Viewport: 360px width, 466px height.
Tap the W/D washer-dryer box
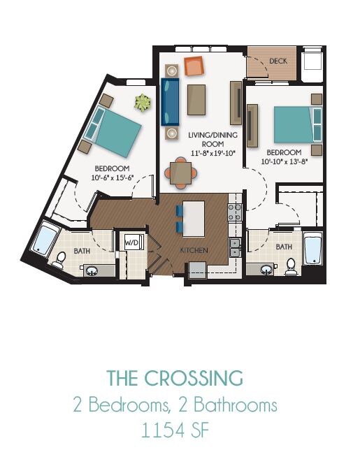(x=133, y=242)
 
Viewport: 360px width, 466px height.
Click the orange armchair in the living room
(x=194, y=66)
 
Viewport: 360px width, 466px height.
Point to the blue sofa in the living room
(x=170, y=101)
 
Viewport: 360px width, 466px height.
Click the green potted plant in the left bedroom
(x=143, y=103)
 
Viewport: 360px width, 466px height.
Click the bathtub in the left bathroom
(x=46, y=240)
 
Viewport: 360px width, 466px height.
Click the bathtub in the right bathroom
(x=312, y=249)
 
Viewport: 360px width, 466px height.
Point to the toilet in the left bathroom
(x=59, y=260)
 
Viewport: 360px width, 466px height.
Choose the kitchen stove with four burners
(x=234, y=212)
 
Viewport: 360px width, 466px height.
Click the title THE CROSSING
(x=175, y=379)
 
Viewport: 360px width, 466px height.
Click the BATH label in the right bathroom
(x=283, y=247)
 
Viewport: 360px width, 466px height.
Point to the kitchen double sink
(x=235, y=244)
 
